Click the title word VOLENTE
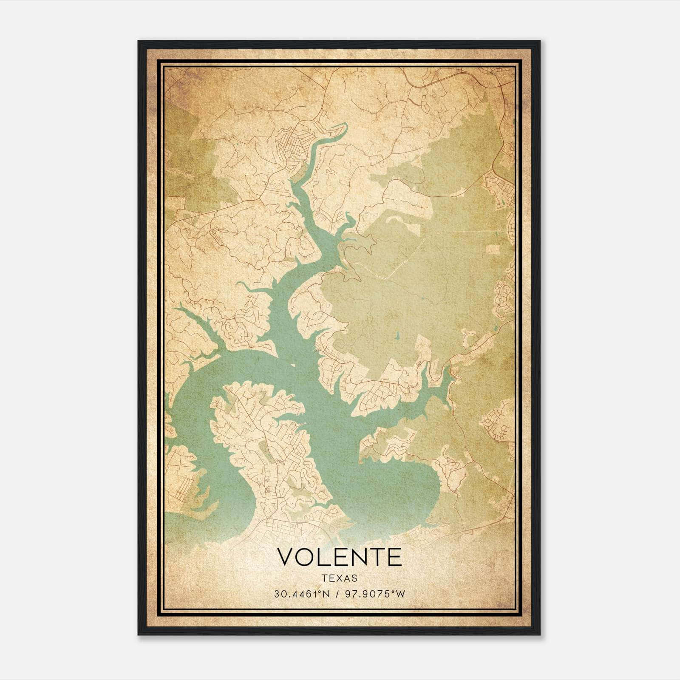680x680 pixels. coord(339,557)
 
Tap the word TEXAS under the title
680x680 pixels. coord(340,578)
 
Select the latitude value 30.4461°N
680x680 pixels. coord(301,594)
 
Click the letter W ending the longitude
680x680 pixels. coord(401,594)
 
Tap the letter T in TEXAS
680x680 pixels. coord(325,578)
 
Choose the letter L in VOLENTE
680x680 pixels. coord(324,557)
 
